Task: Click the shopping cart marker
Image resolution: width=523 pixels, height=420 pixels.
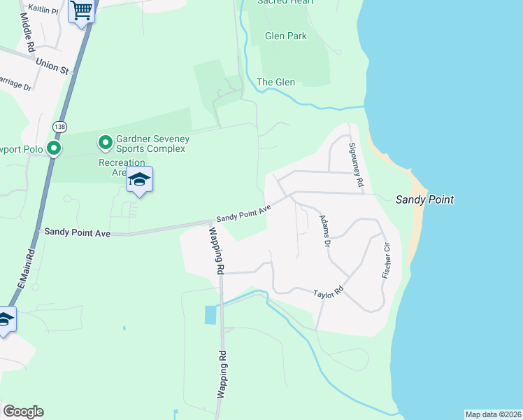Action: pyautogui.click(x=82, y=11)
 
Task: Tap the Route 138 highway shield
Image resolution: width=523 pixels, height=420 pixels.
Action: pyautogui.click(x=59, y=127)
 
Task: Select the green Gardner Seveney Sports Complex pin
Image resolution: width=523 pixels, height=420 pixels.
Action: pyautogui.click(x=106, y=143)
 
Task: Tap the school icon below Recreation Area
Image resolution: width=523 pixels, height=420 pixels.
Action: pyautogui.click(x=139, y=181)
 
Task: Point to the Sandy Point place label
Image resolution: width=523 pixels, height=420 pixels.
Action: pyautogui.click(x=424, y=199)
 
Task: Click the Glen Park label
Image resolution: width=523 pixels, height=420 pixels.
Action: pyautogui.click(x=286, y=36)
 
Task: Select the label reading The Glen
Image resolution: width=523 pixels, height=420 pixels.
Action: pyautogui.click(x=275, y=82)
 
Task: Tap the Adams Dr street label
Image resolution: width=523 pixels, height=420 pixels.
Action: pyautogui.click(x=324, y=231)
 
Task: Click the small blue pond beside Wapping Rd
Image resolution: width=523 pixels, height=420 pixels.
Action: pyautogui.click(x=210, y=314)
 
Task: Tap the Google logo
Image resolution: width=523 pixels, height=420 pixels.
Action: pyautogui.click(x=23, y=411)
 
